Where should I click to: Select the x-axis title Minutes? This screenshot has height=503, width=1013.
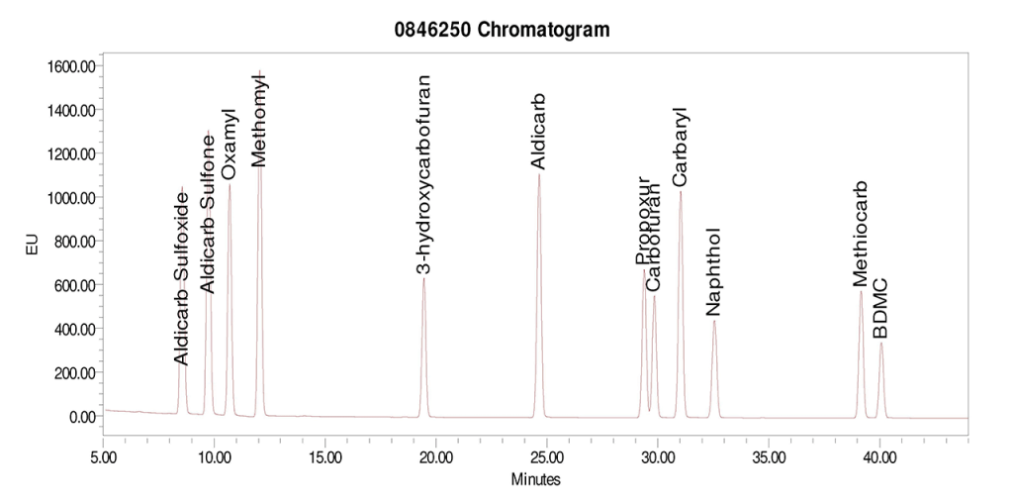(535, 479)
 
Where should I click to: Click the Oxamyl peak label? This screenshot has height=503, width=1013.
(229, 145)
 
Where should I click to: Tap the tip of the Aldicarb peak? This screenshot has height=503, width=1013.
(539, 174)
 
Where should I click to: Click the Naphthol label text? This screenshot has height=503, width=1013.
(713, 271)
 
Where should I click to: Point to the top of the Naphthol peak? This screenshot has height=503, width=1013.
(714, 321)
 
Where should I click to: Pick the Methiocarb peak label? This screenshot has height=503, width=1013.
(861, 234)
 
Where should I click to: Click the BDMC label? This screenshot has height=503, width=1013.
(880, 308)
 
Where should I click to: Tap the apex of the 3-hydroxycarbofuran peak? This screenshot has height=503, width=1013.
(423, 278)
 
